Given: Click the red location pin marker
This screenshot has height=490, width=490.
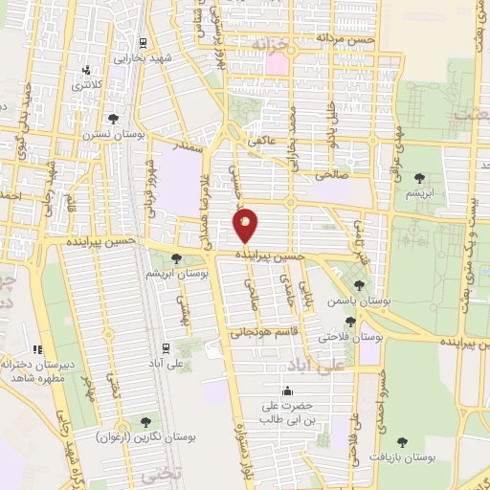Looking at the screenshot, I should pyautogui.click(x=245, y=226).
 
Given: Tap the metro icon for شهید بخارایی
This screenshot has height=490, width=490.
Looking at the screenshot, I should pyautogui.click(x=143, y=42).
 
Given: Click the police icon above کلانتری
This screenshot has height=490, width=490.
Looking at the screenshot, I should pyautogui.click(x=88, y=70).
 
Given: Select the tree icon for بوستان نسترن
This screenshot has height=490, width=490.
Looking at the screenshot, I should pyautogui.click(x=114, y=120).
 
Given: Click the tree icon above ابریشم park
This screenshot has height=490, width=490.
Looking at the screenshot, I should pyautogui.click(x=418, y=177).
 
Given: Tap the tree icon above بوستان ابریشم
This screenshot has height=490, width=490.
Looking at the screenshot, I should pyautogui.click(x=176, y=257).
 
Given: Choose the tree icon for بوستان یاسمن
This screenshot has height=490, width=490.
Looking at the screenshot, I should pyautogui.click(x=359, y=284).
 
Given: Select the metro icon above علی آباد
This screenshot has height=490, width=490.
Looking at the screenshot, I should pyautogui.click(x=166, y=347).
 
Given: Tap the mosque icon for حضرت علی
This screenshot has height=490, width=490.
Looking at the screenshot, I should pyautogui.click(x=288, y=390).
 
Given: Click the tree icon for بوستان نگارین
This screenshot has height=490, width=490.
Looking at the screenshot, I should pyautogui.click(x=145, y=421).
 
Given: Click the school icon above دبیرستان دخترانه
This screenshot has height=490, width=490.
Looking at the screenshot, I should pyautogui.click(x=38, y=349).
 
